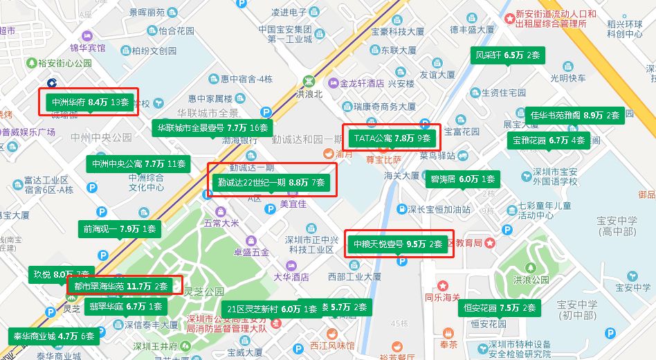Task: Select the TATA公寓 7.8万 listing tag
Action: click(392, 138)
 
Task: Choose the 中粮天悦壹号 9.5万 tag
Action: click(398, 244)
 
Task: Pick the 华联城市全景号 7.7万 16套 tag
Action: click(212, 127)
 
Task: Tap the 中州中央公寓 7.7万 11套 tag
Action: click(138, 164)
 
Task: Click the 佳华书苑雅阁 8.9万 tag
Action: click(575, 115)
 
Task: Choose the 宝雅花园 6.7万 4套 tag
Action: click(548, 140)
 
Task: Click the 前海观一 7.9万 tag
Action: click(120, 228)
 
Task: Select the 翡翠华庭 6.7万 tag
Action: click(125, 305)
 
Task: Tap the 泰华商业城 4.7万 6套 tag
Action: click(54, 336)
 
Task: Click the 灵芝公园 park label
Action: click(204, 291)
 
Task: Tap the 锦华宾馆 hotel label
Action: click(87, 48)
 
